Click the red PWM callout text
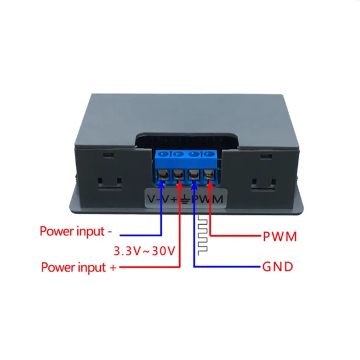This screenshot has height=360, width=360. [280, 237]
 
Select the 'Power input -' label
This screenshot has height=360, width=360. [76, 231]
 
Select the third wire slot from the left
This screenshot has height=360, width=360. [194, 175]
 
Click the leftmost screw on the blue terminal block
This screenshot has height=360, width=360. [165, 154]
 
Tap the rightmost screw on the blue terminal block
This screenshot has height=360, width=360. [207, 154]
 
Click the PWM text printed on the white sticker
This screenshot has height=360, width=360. [204, 200]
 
